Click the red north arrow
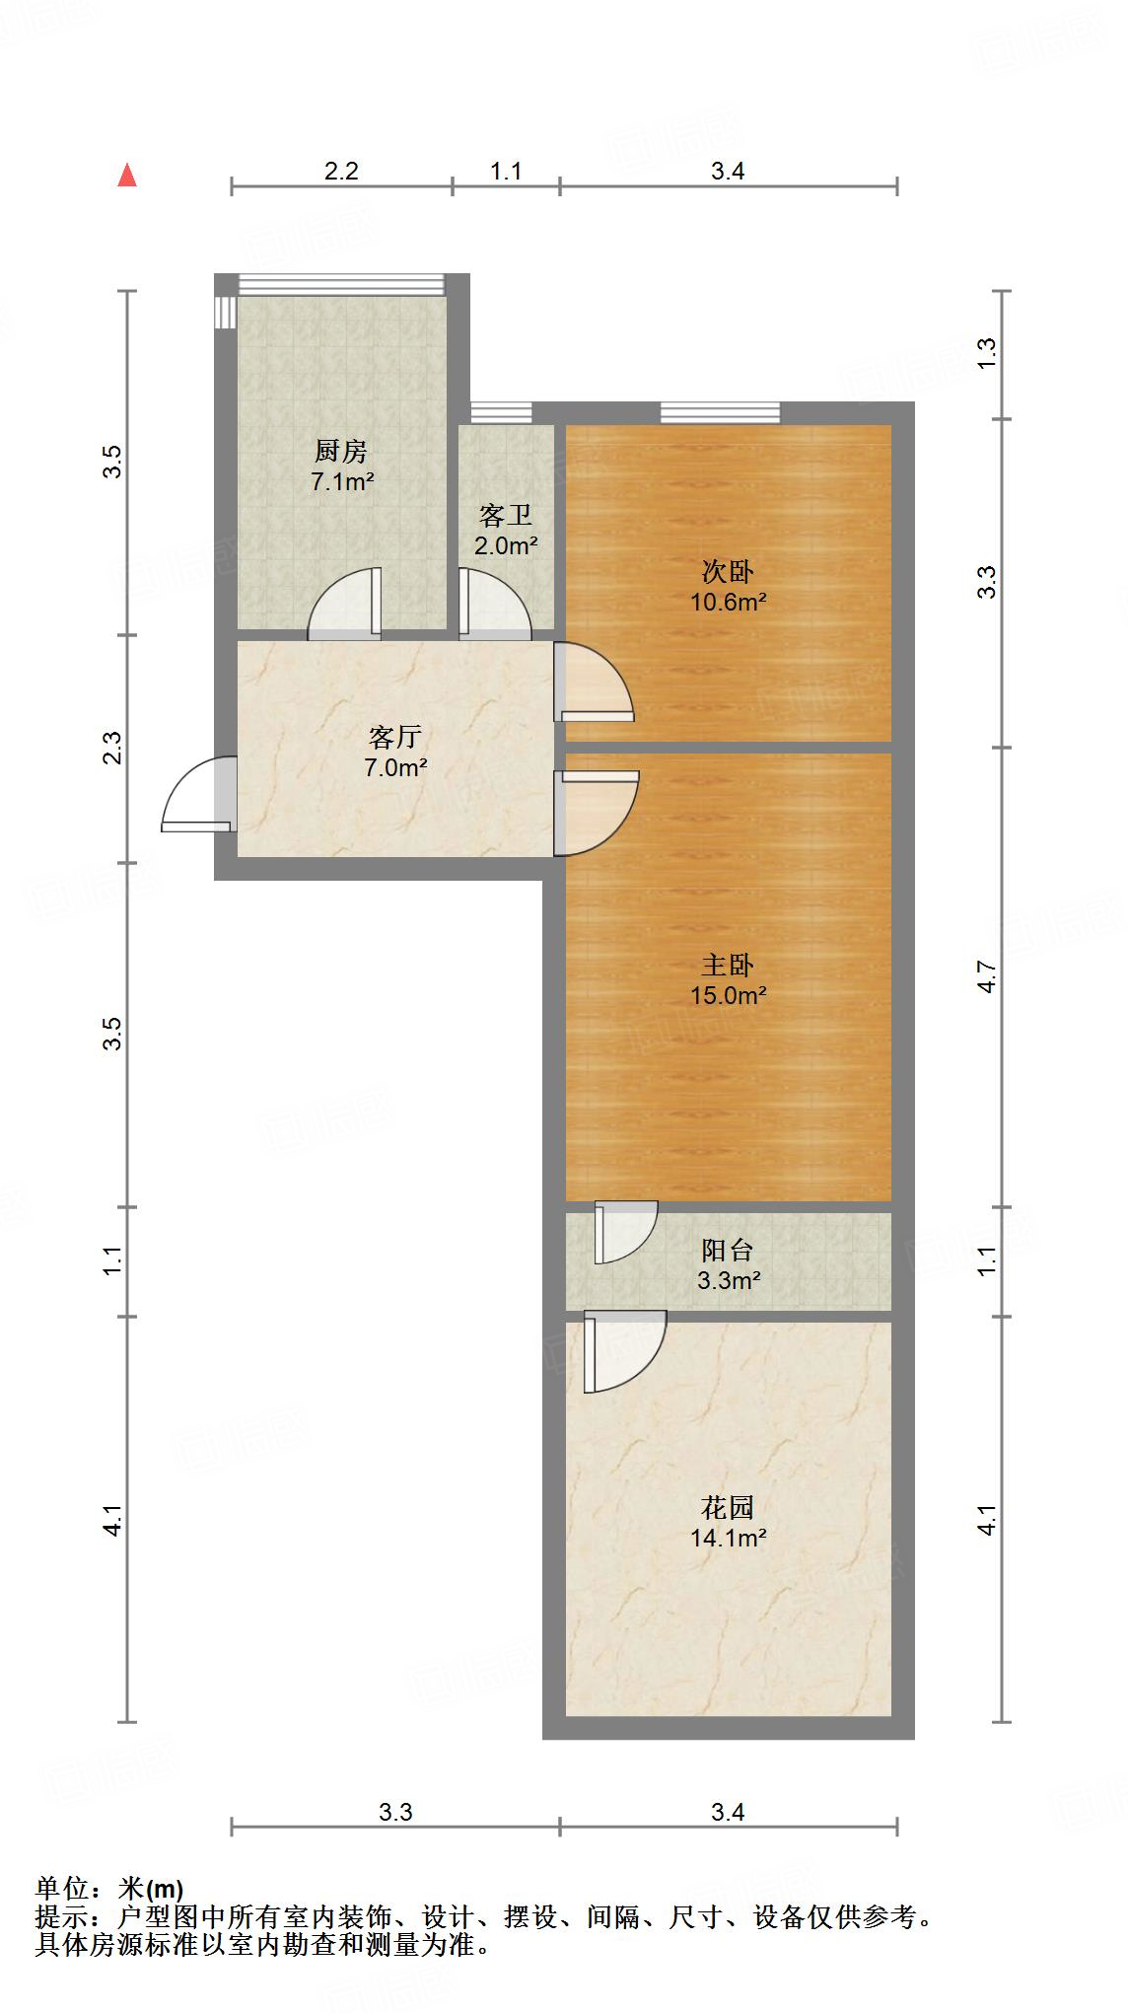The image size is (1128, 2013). (126, 176)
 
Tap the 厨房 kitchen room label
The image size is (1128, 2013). (341, 452)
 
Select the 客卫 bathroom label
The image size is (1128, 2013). (506, 515)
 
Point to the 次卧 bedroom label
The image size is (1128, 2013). (728, 571)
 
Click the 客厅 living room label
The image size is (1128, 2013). (395, 737)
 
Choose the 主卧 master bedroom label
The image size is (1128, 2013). (728, 965)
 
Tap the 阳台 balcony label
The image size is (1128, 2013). (728, 1251)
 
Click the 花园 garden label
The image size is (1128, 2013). (728, 1507)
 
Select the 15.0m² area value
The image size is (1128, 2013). (728, 995)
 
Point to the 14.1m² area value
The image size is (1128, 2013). (728, 1538)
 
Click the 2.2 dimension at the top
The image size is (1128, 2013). (341, 171)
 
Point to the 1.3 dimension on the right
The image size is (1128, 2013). (987, 354)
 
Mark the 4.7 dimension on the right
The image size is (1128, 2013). (987, 976)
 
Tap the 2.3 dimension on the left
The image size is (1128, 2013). (113, 748)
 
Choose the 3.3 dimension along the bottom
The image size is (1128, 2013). (395, 1812)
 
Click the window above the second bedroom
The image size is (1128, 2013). (720, 412)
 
